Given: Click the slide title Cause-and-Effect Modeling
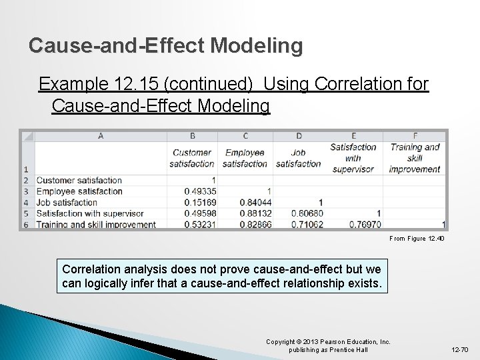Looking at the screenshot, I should tap(166, 45).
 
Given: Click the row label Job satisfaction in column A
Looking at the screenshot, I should tap(67, 202).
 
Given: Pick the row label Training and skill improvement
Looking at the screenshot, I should tap(96, 225).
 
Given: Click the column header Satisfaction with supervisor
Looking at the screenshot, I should tap(353, 158).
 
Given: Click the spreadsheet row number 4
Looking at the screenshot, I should tap(26, 202).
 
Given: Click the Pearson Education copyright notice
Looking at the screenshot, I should tap(328, 345).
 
